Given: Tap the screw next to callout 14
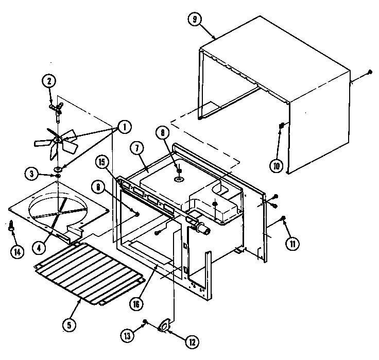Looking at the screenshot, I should pos(11,225).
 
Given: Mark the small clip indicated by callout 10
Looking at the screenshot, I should pos(282,126).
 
